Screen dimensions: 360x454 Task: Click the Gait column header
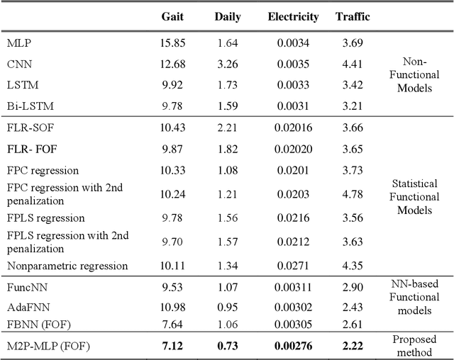pos(173,16)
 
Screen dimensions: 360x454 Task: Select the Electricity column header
pos(293,16)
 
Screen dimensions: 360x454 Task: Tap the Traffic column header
pos(352,16)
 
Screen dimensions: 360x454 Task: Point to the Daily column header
pos(227,16)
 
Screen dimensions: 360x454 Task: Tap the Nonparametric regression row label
pos(67,266)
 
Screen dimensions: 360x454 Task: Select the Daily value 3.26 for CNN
pos(227,64)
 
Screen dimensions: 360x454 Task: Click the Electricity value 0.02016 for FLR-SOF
pos(293,128)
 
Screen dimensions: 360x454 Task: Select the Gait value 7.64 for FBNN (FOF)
pos(173,324)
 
